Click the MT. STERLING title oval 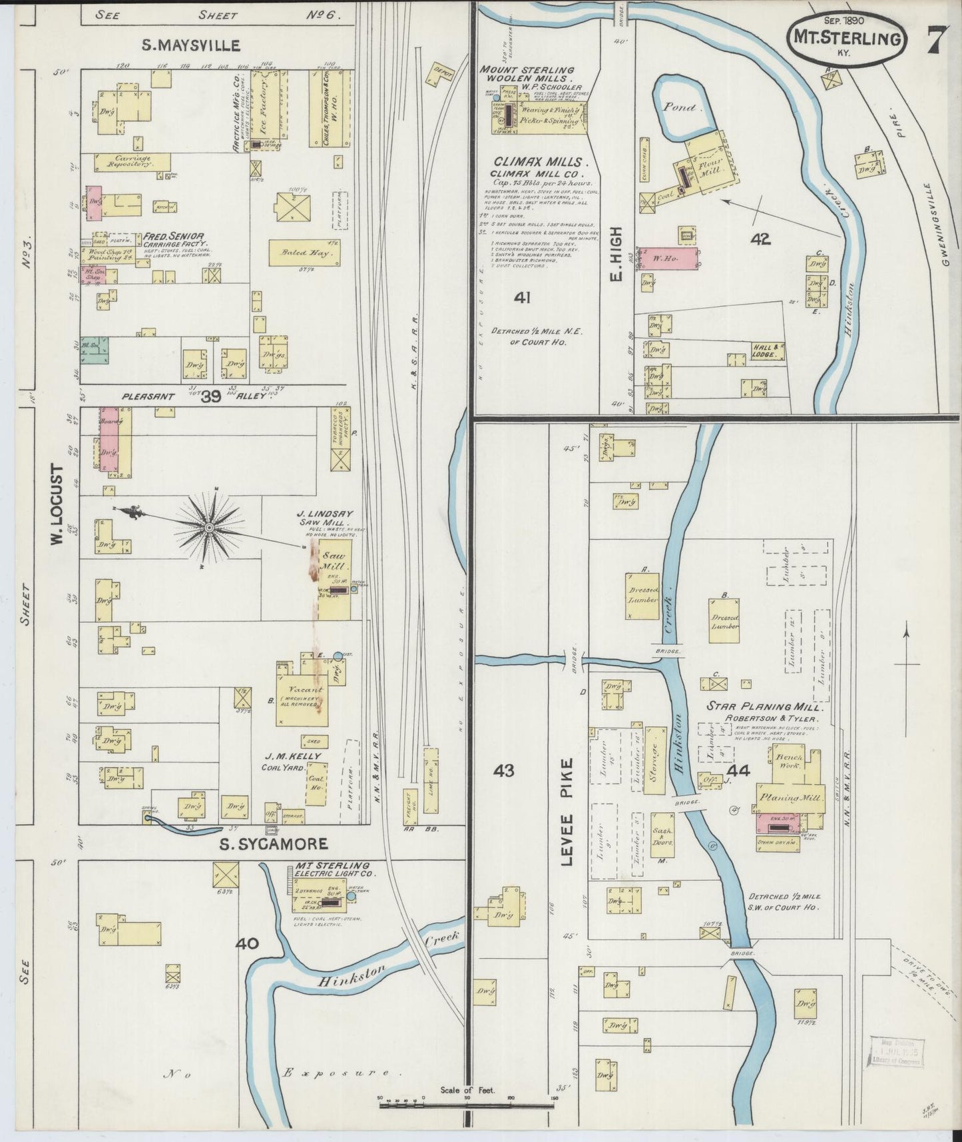[x=846, y=38]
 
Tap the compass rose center [x=209, y=528]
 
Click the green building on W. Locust [x=95, y=350]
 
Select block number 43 [x=504, y=771]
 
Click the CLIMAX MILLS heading [x=541, y=162]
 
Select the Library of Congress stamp [x=897, y=1051]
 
